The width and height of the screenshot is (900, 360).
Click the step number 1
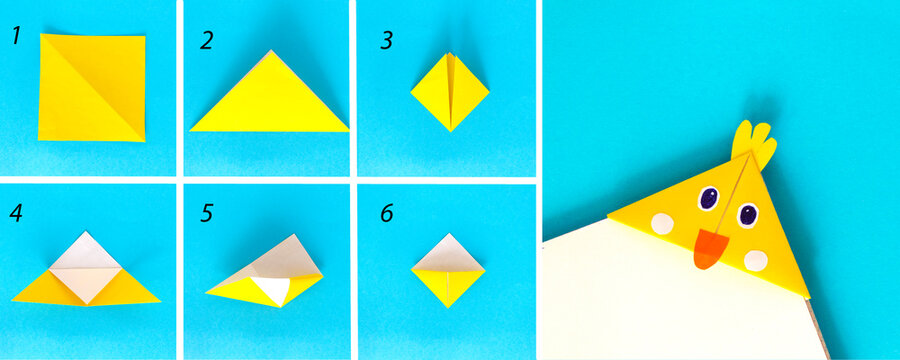16,37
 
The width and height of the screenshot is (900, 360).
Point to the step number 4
17,213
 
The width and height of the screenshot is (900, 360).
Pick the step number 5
206,214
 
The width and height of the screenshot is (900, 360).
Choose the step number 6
386,214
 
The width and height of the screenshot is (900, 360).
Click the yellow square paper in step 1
91,87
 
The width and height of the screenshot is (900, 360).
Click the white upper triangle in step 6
449,250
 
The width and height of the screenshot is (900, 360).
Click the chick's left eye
708,199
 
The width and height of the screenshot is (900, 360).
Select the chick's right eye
747,214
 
